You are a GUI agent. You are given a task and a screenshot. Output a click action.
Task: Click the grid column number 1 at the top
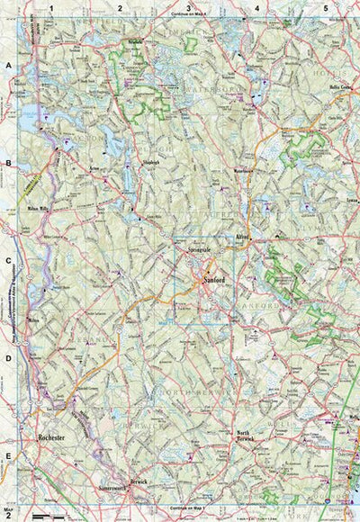[x=52, y=7]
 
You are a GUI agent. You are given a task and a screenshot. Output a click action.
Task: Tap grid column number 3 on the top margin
[x=187, y=7]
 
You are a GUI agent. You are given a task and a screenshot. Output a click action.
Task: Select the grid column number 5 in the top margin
[x=325, y=7]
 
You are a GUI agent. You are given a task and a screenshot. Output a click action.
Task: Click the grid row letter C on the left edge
[x=8, y=265]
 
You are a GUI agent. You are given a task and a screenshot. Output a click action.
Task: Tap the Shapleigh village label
[x=135, y=163]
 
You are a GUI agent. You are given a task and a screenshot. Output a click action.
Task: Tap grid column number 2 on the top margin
[x=120, y=7]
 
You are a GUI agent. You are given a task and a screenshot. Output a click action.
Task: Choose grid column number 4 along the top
[x=256, y=7]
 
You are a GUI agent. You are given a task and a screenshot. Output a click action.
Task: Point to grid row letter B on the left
[x=8, y=165]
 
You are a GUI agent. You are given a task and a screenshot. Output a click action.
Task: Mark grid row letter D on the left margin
[x=8, y=359]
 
